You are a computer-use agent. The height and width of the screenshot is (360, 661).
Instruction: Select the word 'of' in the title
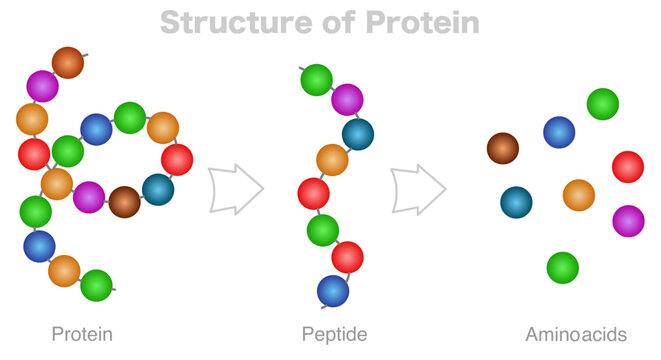(322, 21)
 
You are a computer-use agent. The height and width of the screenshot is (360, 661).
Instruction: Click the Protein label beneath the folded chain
(81, 334)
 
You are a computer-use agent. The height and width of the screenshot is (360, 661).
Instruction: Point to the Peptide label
(334, 334)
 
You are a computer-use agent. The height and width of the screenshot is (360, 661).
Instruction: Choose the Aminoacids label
(575, 334)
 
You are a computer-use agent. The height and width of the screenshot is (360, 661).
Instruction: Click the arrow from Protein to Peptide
(237, 188)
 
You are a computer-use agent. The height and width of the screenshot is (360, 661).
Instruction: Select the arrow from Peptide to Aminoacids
(418, 188)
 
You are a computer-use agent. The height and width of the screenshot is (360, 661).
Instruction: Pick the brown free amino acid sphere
(503, 149)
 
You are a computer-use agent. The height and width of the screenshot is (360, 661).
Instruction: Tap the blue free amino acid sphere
(559, 132)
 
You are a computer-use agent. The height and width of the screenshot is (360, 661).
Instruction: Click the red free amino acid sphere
(627, 166)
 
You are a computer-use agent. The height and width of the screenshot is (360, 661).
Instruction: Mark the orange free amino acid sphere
(578, 195)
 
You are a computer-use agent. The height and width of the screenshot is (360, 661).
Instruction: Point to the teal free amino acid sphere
(516, 202)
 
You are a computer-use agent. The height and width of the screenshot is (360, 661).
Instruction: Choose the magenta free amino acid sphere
(627, 220)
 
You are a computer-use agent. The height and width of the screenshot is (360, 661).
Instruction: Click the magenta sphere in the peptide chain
(347, 100)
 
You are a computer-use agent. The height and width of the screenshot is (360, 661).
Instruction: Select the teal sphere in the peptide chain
(357, 133)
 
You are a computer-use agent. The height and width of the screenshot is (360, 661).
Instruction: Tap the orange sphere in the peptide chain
(332, 160)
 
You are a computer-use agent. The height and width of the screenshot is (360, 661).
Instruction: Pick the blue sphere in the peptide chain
(333, 291)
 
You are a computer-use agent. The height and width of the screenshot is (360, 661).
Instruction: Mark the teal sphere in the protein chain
(157, 189)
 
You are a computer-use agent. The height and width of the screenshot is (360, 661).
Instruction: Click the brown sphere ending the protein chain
(68, 62)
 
